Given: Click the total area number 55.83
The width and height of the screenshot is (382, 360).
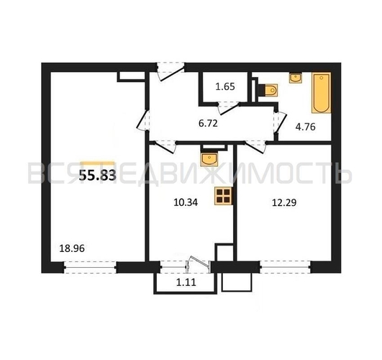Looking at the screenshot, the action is [97, 175].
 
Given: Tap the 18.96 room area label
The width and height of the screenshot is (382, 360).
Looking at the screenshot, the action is [72, 248].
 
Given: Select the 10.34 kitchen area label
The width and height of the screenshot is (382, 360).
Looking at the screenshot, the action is [186, 202].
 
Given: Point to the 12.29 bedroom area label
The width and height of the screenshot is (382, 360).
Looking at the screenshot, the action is [284, 202].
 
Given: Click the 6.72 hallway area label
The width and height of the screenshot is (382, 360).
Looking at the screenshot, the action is [208, 124].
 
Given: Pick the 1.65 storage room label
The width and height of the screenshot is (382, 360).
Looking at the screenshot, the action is [225, 86].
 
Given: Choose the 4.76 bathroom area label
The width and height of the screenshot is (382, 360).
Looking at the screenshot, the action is [306, 127].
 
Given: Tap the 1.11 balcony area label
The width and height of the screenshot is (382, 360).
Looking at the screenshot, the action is [186, 282].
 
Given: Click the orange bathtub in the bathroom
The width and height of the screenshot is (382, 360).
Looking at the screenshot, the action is [322, 93].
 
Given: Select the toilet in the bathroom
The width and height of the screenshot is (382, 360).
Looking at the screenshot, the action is [269, 90].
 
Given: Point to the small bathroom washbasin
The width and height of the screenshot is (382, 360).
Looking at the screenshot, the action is [296, 78].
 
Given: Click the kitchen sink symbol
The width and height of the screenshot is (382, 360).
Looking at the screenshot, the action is [209, 159].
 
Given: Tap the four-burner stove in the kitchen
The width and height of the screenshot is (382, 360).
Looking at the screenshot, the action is [223, 196].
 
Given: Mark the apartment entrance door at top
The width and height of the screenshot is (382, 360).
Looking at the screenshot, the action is [170, 71].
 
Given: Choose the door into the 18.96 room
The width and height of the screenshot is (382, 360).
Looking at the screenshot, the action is [142, 120].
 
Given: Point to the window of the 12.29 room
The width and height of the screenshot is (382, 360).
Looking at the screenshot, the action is [286, 267].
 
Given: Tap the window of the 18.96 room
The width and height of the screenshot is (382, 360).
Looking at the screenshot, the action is [90, 267].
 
